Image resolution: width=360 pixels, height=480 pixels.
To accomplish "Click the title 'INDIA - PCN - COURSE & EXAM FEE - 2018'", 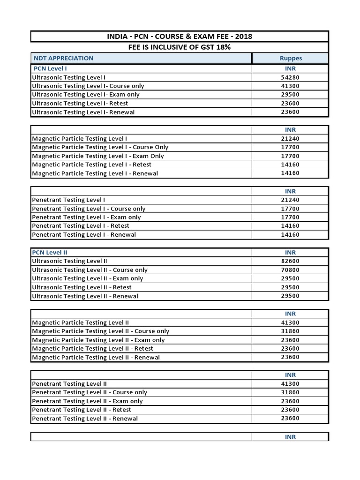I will pos(180,37).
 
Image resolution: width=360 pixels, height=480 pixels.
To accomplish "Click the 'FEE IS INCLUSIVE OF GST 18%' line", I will pos(180,47).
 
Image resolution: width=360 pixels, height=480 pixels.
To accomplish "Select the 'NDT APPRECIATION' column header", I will pos(64,58).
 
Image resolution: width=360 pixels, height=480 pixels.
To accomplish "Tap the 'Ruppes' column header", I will pos(290,58).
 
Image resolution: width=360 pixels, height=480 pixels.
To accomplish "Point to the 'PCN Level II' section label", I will pos(50,252).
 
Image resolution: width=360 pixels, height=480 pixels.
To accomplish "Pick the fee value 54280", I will pos(290,77).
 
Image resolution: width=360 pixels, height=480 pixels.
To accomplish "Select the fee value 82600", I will pos(290,261).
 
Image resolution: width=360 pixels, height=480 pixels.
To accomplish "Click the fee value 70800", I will pos(290,270).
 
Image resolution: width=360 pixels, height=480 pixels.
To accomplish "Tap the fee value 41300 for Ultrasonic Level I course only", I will pos(290,86).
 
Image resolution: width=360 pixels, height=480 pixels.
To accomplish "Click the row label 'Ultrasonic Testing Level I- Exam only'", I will pos(86,94).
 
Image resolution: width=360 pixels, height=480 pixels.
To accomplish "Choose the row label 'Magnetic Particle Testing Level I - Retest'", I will pos(91,165).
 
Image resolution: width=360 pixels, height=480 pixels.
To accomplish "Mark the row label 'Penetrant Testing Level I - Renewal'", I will pos(84,234).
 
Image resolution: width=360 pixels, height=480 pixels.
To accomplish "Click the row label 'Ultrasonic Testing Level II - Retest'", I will pos(82,287).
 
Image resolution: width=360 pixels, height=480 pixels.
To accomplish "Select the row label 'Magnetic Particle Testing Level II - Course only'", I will pos(100,331).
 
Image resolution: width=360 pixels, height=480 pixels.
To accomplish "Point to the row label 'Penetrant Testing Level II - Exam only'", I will pos(87,401).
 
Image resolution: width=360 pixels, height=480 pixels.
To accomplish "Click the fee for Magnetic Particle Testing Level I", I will pos(290,138).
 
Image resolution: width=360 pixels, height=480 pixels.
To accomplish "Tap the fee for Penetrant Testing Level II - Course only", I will pos(290,392).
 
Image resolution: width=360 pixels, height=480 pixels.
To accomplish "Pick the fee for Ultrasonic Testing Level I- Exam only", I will pos(290,94).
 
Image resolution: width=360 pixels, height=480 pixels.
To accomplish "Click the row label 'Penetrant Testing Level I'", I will pos(68,200).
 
